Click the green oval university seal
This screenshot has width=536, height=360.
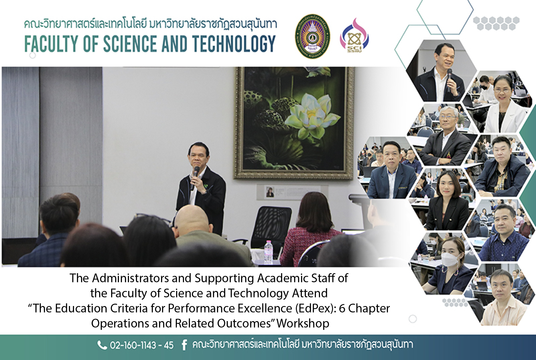tap(312, 36)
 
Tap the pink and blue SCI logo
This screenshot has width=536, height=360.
tap(354, 36)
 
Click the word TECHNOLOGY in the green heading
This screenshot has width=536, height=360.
tap(234, 44)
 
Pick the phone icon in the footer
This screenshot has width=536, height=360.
tap(102, 345)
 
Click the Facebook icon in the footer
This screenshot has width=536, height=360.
tap(184, 345)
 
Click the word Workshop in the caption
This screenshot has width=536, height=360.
tap(303, 323)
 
